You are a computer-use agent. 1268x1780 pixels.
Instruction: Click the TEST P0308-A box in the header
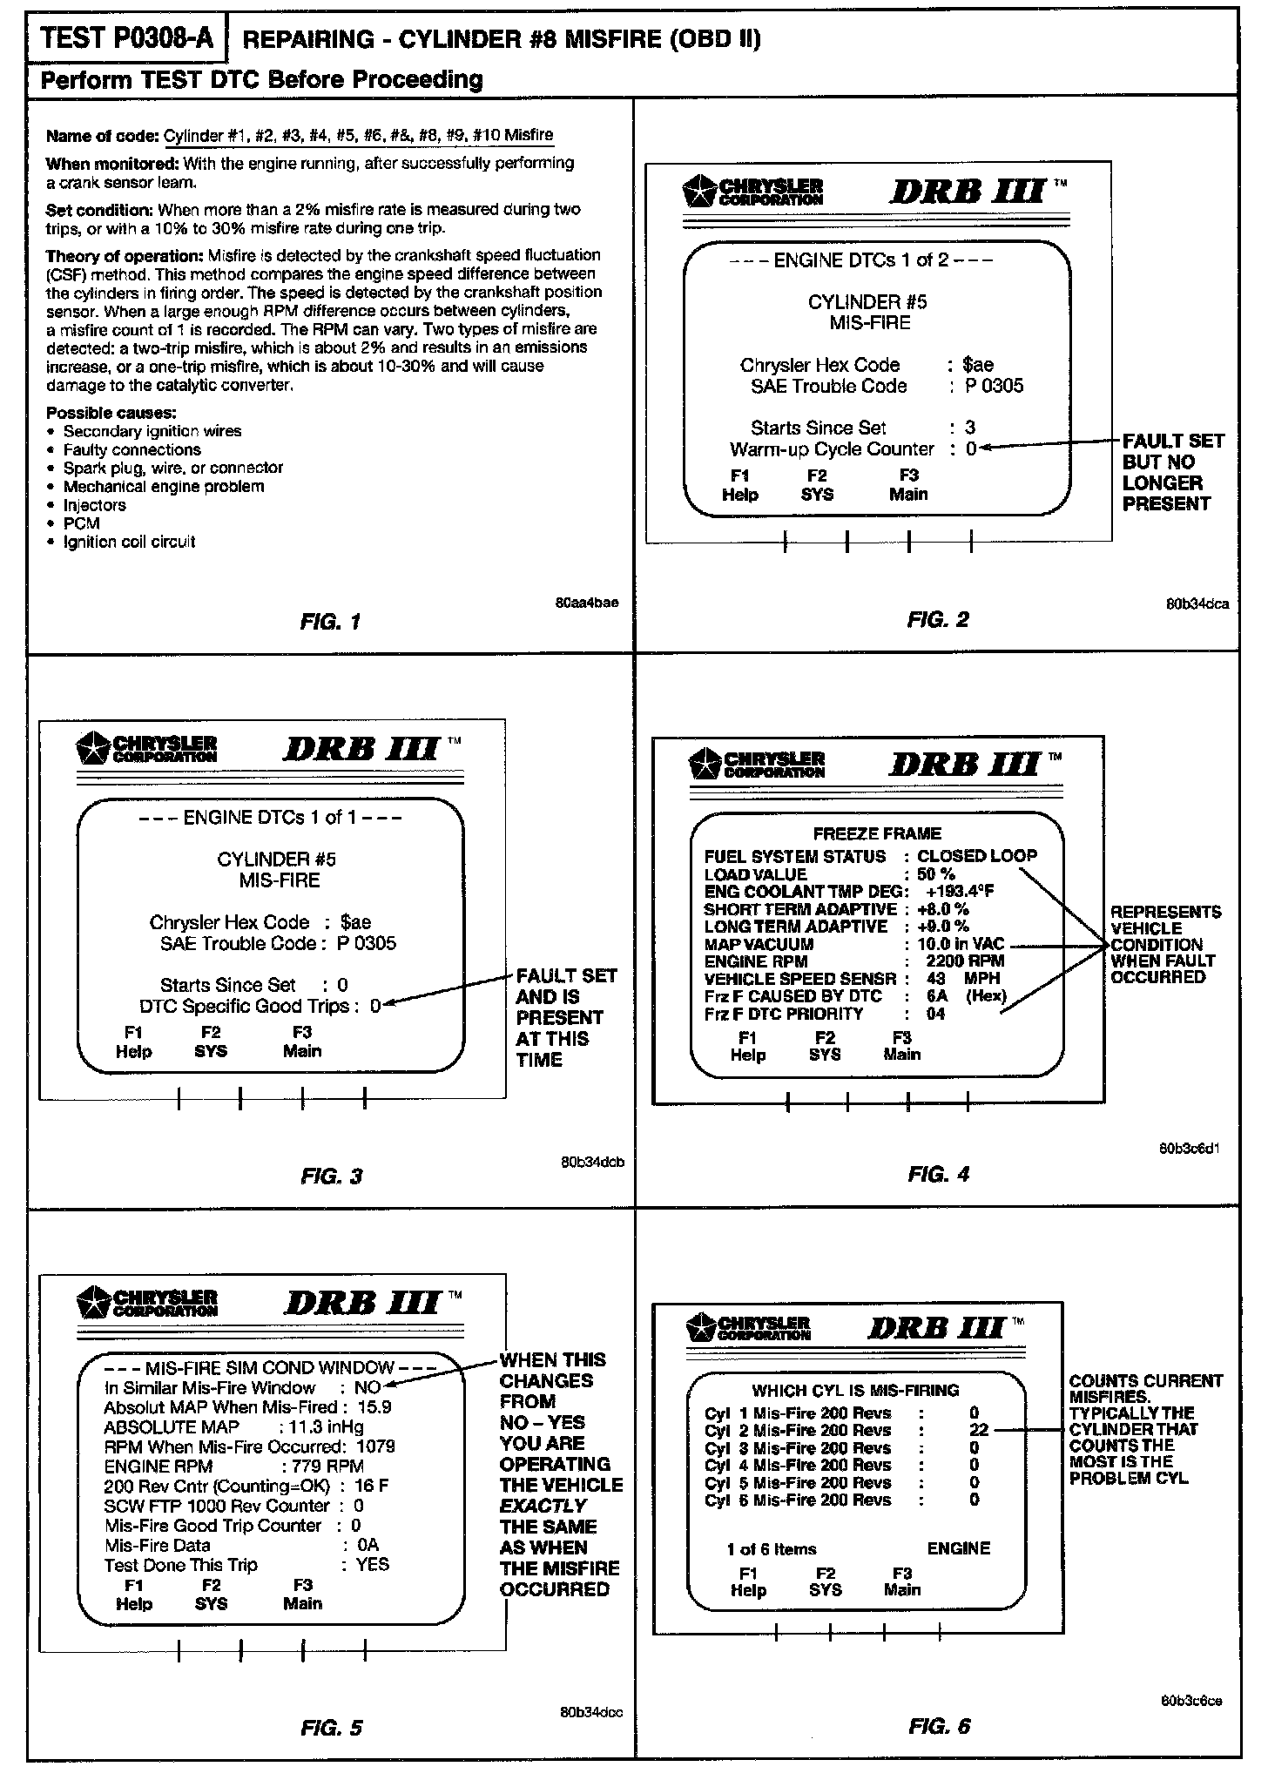[127, 38]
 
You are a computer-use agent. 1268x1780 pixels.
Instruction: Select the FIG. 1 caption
[330, 622]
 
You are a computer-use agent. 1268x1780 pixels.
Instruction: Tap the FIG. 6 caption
[939, 1725]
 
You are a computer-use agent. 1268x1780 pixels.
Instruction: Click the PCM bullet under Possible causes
[81, 523]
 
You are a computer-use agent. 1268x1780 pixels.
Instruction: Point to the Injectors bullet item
[94, 505]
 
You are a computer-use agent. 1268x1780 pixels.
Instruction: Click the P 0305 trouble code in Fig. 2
[994, 386]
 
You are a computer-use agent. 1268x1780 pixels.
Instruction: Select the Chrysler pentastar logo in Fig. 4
[703, 764]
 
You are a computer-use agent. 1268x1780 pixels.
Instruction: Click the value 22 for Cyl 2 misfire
[979, 1430]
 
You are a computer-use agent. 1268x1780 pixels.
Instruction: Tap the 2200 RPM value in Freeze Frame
[965, 961]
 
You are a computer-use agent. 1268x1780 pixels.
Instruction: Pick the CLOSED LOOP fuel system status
[977, 856]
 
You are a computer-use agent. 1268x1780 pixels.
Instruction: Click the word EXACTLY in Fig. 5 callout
[543, 1506]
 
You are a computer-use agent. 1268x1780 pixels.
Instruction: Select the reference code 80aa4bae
[587, 603]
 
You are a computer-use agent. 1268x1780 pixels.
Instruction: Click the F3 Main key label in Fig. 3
[302, 1042]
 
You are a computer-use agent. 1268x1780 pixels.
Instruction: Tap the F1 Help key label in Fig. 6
[748, 1581]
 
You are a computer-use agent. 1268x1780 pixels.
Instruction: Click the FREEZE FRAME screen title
[876, 833]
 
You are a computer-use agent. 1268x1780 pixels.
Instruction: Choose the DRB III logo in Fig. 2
[967, 192]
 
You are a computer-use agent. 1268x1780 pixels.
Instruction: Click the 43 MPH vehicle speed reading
[963, 979]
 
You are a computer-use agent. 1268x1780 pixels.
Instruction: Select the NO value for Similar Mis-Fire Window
[368, 1388]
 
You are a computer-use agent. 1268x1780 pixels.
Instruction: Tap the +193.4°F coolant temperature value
[959, 892]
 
